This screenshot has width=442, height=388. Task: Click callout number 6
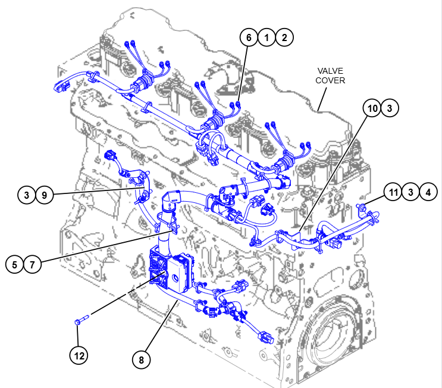click(x=249, y=37)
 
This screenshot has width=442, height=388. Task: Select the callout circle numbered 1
click(x=267, y=37)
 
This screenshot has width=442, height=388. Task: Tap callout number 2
click(x=284, y=37)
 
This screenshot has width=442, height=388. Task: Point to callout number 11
click(x=393, y=192)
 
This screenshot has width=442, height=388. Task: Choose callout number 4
click(x=428, y=192)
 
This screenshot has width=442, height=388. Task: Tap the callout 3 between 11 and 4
click(x=410, y=192)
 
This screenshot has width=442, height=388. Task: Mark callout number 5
click(x=15, y=264)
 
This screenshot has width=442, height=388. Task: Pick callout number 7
click(x=32, y=264)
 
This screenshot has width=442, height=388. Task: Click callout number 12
click(x=79, y=356)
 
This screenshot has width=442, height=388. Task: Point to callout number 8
click(x=142, y=359)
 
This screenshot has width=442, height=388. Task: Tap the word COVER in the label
click(x=330, y=80)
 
